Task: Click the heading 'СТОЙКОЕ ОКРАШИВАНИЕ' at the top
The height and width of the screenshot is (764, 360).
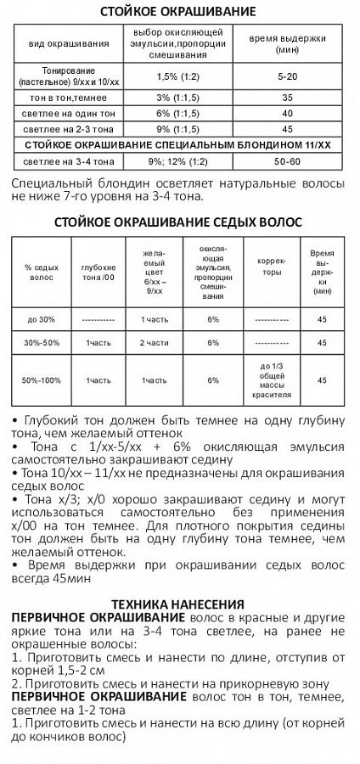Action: click(x=178, y=12)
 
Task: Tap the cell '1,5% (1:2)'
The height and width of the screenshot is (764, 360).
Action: click(x=172, y=76)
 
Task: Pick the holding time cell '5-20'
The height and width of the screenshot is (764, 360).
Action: click(x=287, y=76)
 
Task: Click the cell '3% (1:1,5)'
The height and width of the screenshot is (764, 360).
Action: click(x=172, y=98)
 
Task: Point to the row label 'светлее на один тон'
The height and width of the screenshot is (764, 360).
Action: click(x=68, y=113)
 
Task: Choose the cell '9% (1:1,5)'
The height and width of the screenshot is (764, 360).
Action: click(x=172, y=129)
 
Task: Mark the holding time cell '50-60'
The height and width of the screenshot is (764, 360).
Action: click(x=287, y=161)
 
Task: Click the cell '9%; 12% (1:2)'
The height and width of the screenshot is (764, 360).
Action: click(x=172, y=161)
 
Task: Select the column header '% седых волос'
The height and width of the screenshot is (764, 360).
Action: click(x=41, y=272)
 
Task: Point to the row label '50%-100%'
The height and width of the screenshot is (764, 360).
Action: click(x=41, y=380)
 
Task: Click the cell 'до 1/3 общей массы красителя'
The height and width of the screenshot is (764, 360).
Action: click(x=272, y=380)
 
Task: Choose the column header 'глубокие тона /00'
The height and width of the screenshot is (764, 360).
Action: click(x=98, y=272)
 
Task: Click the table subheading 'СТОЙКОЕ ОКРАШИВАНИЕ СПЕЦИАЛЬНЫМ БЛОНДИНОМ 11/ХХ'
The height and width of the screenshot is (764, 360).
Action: click(x=178, y=145)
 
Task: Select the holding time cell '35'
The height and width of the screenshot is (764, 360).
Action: click(x=287, y=98)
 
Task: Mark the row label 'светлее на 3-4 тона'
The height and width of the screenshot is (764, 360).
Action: click(x=68, y=161)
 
